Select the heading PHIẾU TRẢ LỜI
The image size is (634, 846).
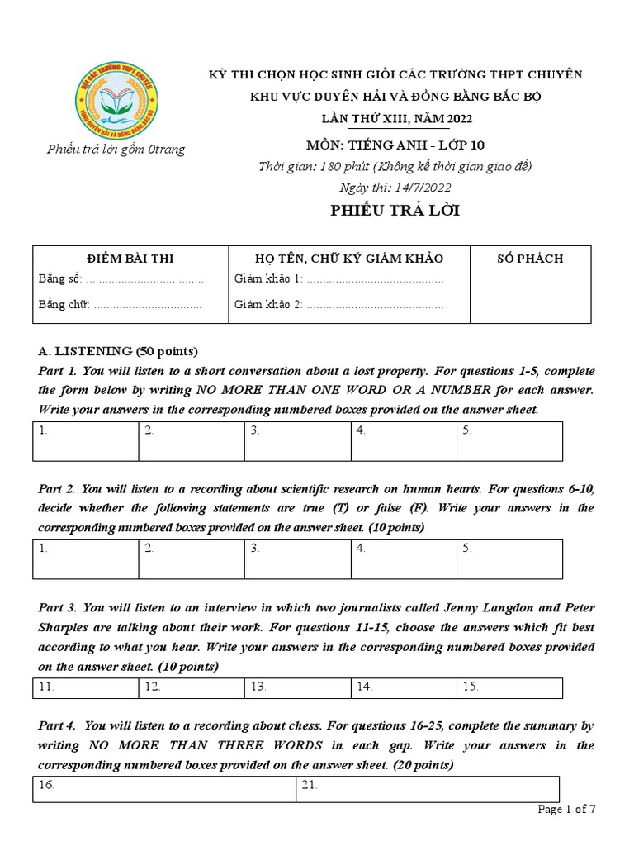pos(395,211)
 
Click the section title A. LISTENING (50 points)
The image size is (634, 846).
pos(118,350)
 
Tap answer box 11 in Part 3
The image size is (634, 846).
pos(86,687)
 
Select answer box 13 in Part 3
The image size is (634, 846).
pos(297,687)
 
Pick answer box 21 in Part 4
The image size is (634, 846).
pos(427,789)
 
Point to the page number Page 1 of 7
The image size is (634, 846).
pos(566,810)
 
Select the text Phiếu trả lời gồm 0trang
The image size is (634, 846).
pos(116,150)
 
